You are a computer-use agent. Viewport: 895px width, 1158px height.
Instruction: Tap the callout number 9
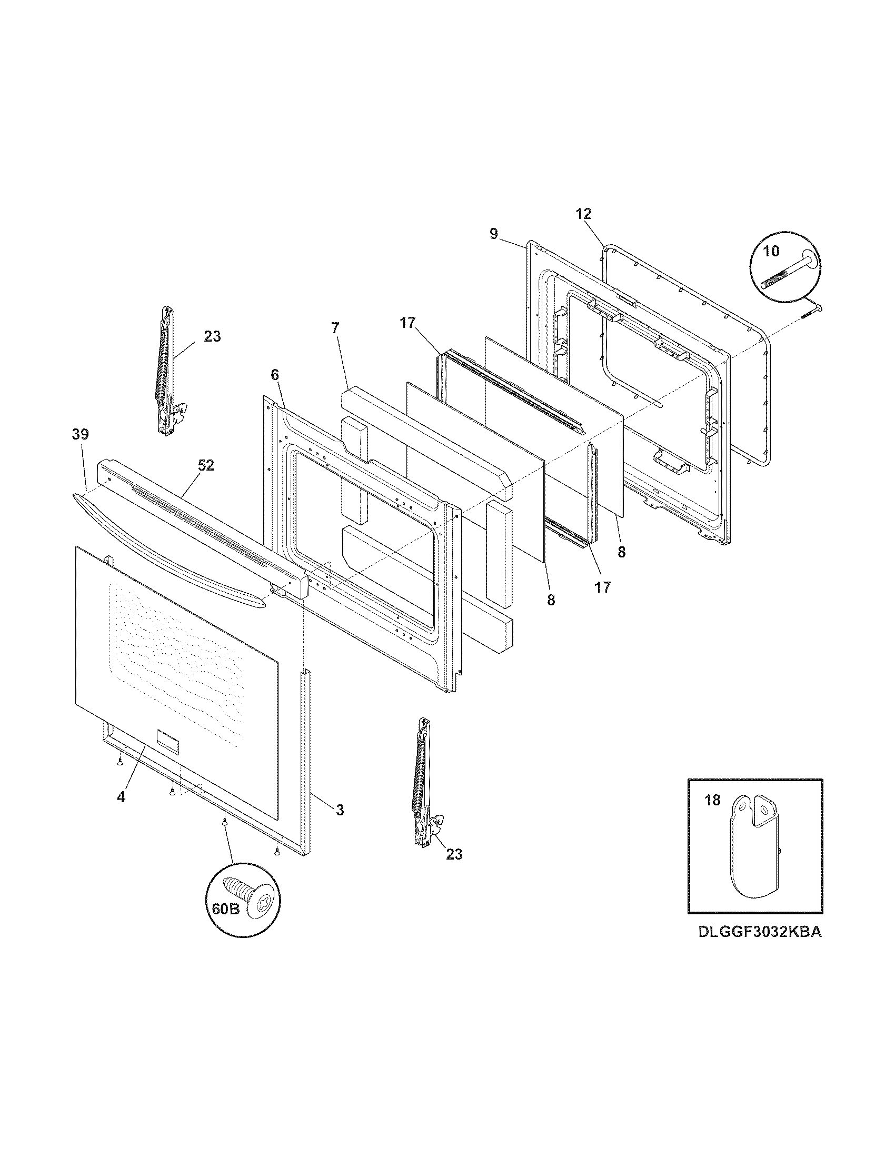pyautogui.click(x=494, y=234)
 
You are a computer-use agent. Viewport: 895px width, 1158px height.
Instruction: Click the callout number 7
pyautogui.click(x=334, y=328)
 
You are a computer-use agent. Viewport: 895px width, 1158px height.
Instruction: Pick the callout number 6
pyautogui.click(x=274, y=375)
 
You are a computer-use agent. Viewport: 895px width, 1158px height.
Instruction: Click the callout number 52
pyautogui.click(x=206, y=465)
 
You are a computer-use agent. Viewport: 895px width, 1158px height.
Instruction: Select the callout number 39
pyautogui.click(x=81, y=434)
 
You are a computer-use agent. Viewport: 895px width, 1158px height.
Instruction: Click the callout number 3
pyautogui.click(x=340, y=810)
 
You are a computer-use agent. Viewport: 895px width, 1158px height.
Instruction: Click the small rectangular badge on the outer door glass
pyautogui.click(x=168, y=740)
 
